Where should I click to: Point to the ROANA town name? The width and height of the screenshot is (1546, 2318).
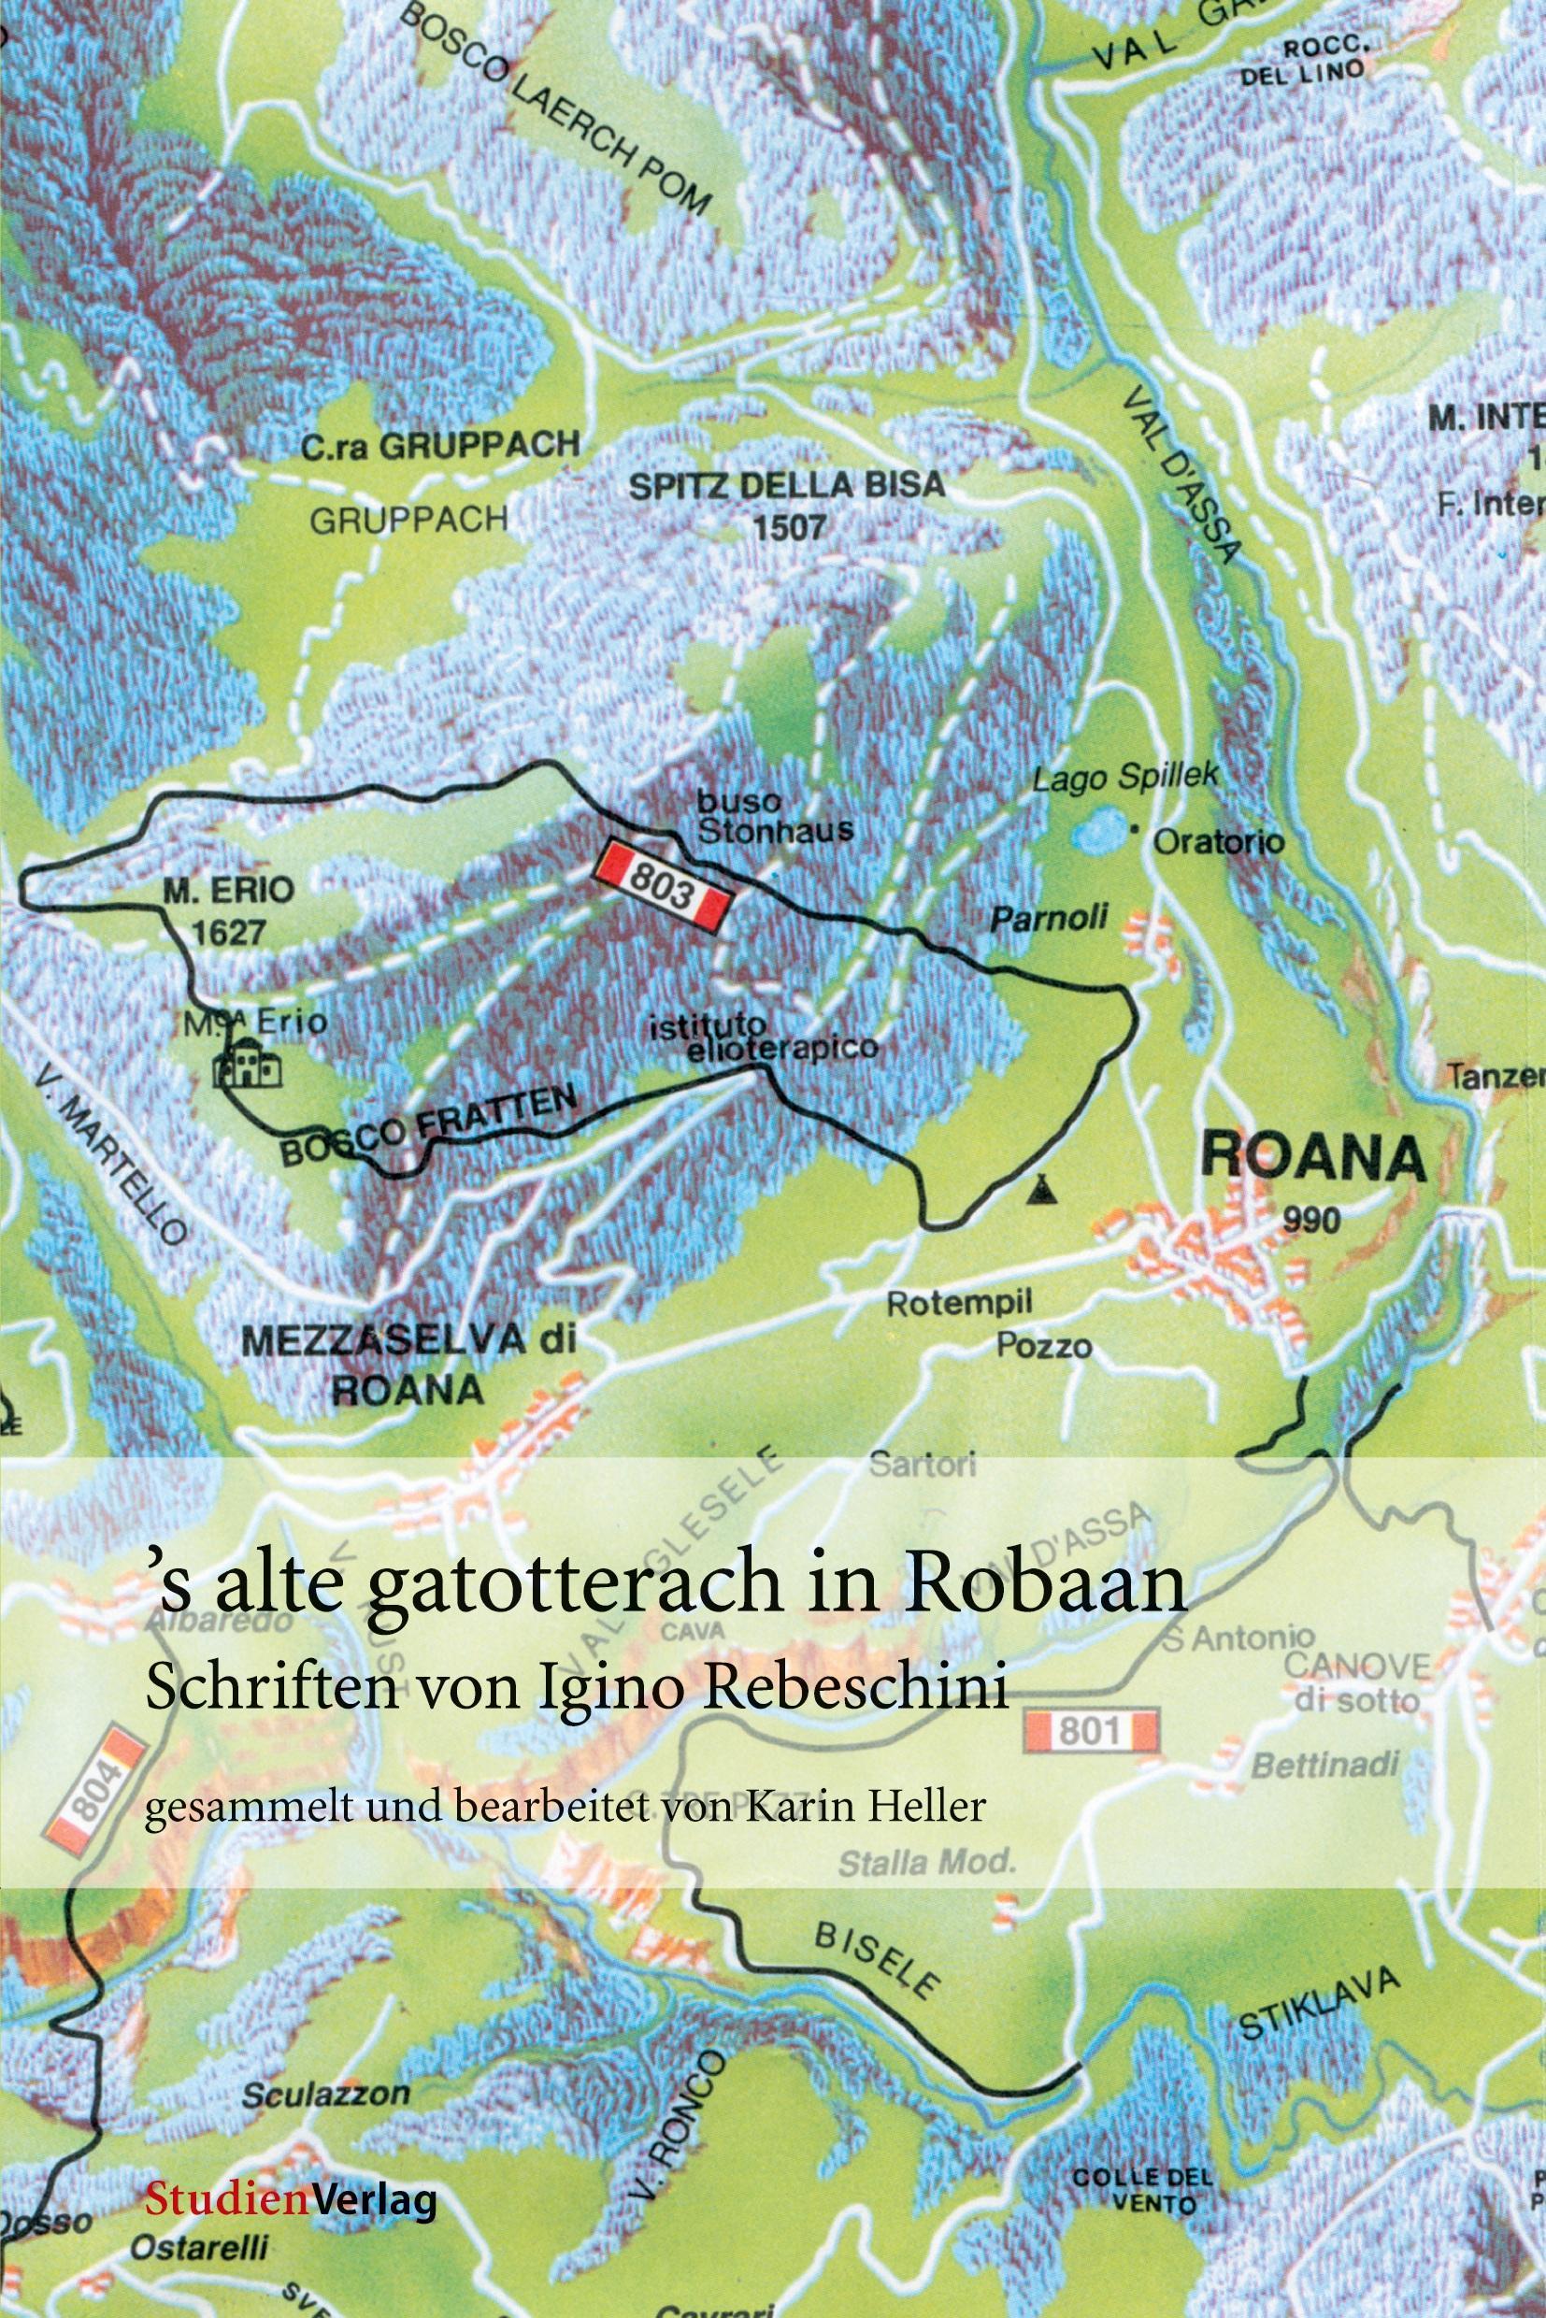coord(1312,1157)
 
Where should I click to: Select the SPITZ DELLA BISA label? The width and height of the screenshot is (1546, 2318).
coord(786,485)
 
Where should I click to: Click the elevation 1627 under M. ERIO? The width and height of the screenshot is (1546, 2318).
coord(228,932)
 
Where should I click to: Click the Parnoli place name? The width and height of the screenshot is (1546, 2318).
coord(1048,919)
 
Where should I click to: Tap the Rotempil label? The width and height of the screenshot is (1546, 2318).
coord(959,1304)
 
